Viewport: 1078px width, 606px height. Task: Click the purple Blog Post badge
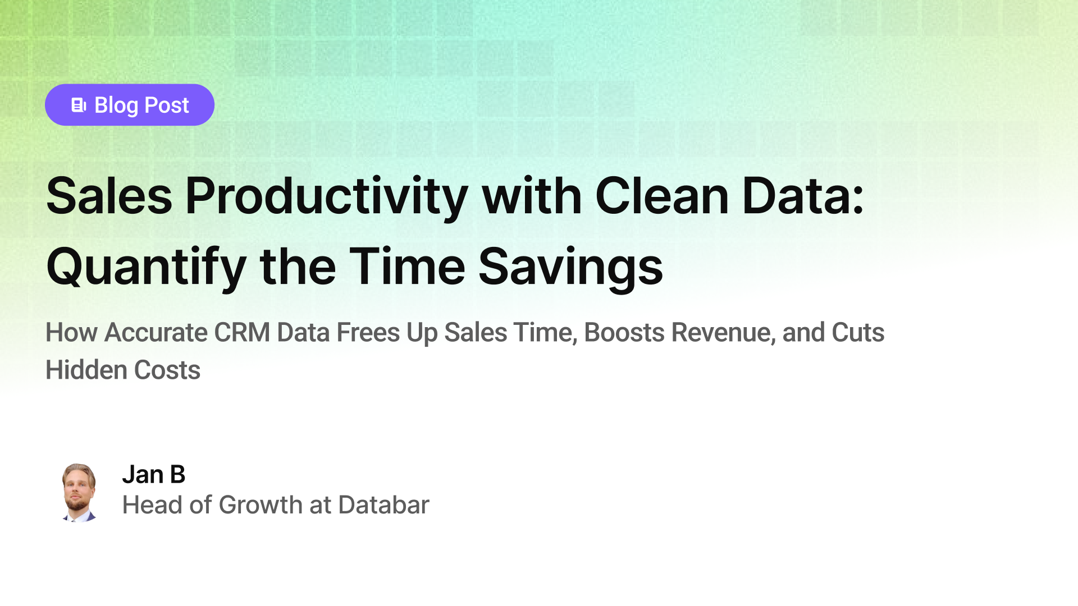(129, 105)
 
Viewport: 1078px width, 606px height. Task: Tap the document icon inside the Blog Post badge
(79, 105)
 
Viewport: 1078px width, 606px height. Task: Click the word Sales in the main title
(109, 196)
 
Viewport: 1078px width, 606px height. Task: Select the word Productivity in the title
(326, 196)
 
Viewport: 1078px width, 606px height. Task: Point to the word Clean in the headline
(661, 196)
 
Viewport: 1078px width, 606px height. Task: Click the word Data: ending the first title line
(803, 196)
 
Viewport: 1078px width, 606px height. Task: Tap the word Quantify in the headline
(146, 267)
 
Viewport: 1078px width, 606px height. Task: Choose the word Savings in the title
(570, 267)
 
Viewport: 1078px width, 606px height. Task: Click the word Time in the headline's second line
(407, 267)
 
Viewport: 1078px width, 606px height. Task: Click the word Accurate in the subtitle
(156, 332)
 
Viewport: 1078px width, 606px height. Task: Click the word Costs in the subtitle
(167, 370)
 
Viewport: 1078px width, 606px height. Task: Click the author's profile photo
(79, 493)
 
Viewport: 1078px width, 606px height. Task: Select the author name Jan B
(153, 475)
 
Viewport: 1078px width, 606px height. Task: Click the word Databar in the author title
(383, 505)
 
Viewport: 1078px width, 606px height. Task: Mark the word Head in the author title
(152, 505)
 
